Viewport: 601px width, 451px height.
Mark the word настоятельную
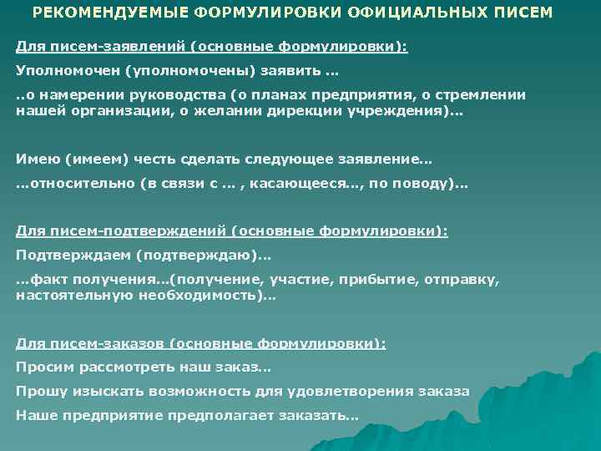click(x=69, y=295)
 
